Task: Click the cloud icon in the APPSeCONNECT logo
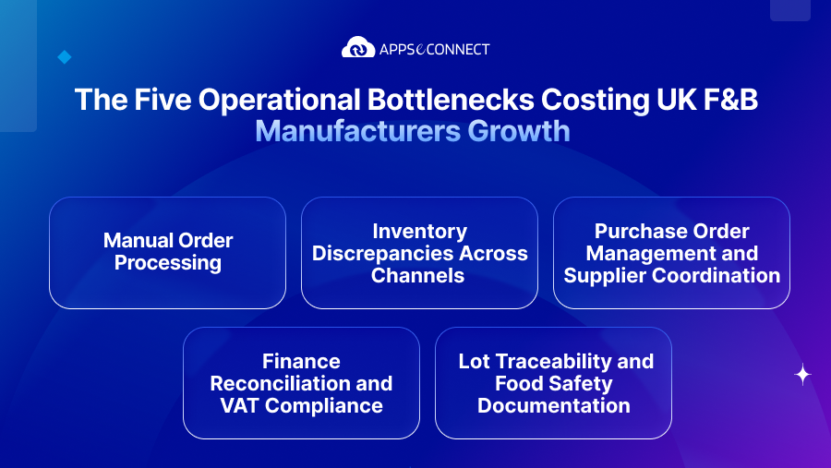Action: [358, 48]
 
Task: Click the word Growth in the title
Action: [518, 131]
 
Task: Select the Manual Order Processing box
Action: [167, 252]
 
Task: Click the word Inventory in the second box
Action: [419, 231]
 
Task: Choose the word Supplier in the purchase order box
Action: [608, 275]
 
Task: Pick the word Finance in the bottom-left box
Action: [301, 361]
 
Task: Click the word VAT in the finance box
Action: [243, 405]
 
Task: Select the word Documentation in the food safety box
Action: [553, 405]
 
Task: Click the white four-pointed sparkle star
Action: [802, 374]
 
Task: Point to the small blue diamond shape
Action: [64, 57]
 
